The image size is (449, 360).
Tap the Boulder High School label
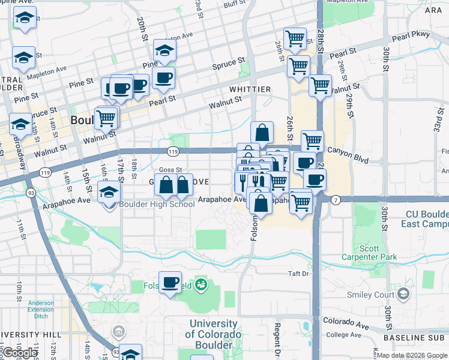pyautogui.click(x=157, y=204)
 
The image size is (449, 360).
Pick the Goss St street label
pyautogui.click(x=170, y=170)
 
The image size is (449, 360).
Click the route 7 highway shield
pyautogui.click(x=336, y=200)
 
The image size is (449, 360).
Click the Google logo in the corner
pyautogui.click(x=20, y=353)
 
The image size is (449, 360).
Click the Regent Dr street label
pyautogui.click(x=278, y=339)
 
